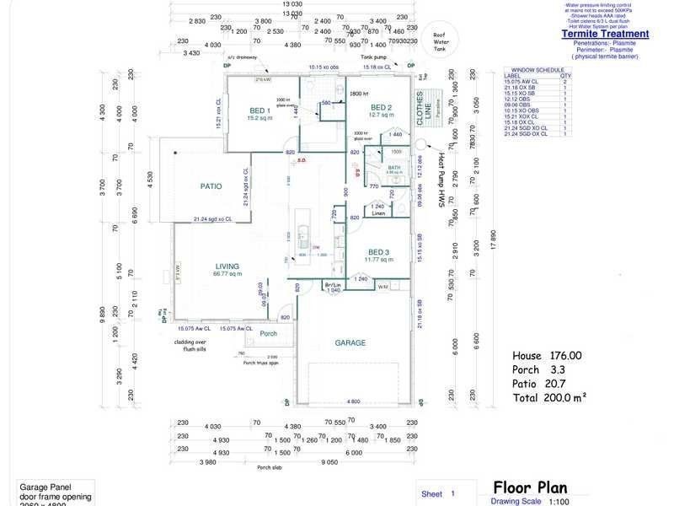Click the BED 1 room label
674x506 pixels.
coord(259,110)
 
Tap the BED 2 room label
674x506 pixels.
coord(381,108)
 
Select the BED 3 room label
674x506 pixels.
coord(377,252)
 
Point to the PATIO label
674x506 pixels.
coord(210,186)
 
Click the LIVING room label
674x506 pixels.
coord(227,266)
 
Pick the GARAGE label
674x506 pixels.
coord(350,342)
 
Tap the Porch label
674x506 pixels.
coord(269,334)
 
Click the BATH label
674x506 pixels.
coord(393,168)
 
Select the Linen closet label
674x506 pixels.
coord(378,214)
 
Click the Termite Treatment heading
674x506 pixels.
coord(605,35)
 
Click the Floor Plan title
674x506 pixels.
coord(530,487)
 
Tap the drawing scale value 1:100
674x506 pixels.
coord(558,501)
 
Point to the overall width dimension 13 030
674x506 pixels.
coord(292,4)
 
